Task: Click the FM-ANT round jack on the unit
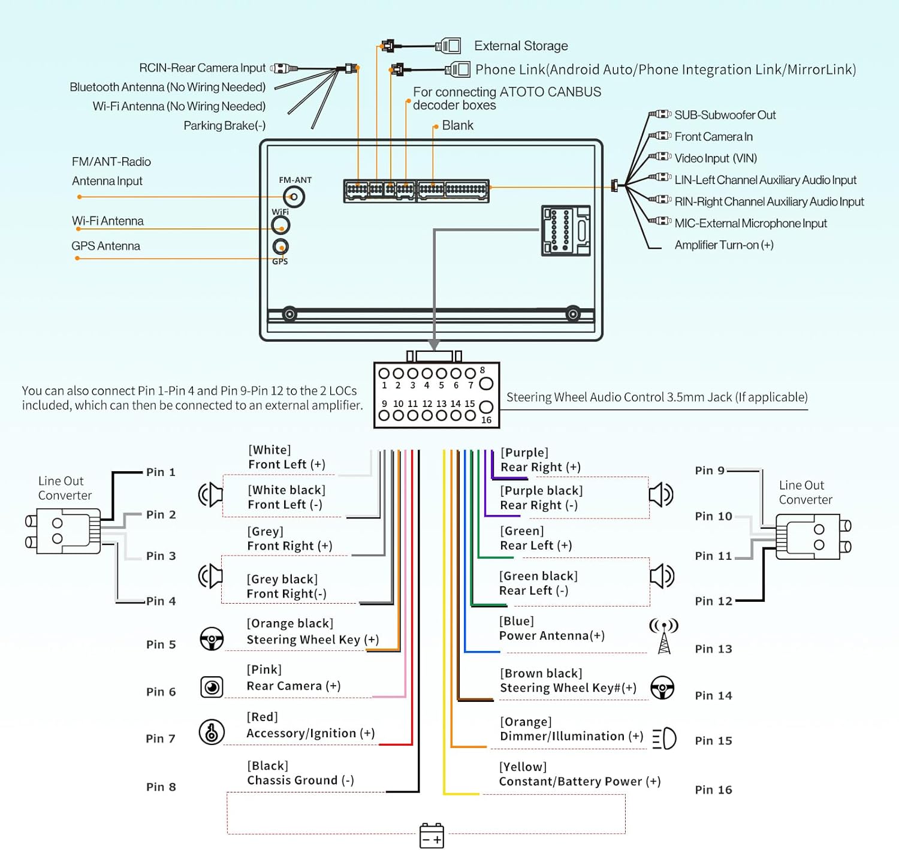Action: pyautogui.click(x=294, y=197)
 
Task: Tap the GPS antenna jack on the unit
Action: pyautogui.click(x=280, y=246)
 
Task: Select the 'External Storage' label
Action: pyautogui.click(x=521, y=46)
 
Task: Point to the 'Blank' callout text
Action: pyautogui.click(x=457, y=126)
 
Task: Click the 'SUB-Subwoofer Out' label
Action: pyautogui.click(x=725, y=115)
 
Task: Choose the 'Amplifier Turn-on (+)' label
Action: pyautogui.click(x=723, y=245)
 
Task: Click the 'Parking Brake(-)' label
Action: pyautogui.click(x=224, y=126)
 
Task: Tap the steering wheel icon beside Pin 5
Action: pyautogui.click(x=212, y=639)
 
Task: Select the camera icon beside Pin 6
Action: pyautogui.click(x=212, y=687)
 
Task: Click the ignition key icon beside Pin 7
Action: pyautogui.click(x=212, y=732)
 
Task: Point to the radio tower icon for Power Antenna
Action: pyautogui.click(x=664, y=636)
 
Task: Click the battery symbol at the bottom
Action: pyautogui.click(x=432, y=835)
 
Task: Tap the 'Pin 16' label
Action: pyautogui.click(x=713, y=790)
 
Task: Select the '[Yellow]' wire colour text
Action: pyautogui.click(x=523, y=767)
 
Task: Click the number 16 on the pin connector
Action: pyautogui.click(x=486, y=420)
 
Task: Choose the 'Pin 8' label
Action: pyautogui.click(x=161, y=787)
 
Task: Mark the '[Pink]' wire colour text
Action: pyautogui.click(x=264, y=670)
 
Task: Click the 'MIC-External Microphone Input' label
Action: pyautogui.click(x=750, y=224)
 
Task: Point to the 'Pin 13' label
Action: pyautogui.click(x=713, y=649)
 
